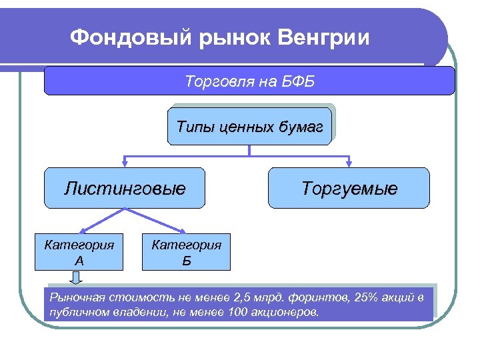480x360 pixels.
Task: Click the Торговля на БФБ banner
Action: (249, 82)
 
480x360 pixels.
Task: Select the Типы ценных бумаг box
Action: (249, 126)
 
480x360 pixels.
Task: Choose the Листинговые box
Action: (125, 189)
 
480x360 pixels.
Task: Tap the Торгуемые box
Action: (349, 189)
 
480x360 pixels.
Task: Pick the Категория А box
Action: (79, 251)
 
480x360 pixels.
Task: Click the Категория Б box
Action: (186, 251)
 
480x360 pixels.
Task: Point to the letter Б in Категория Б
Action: (186, 260)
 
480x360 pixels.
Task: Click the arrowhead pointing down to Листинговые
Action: (125, 163)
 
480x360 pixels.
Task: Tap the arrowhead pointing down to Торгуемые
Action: (349, 163)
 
